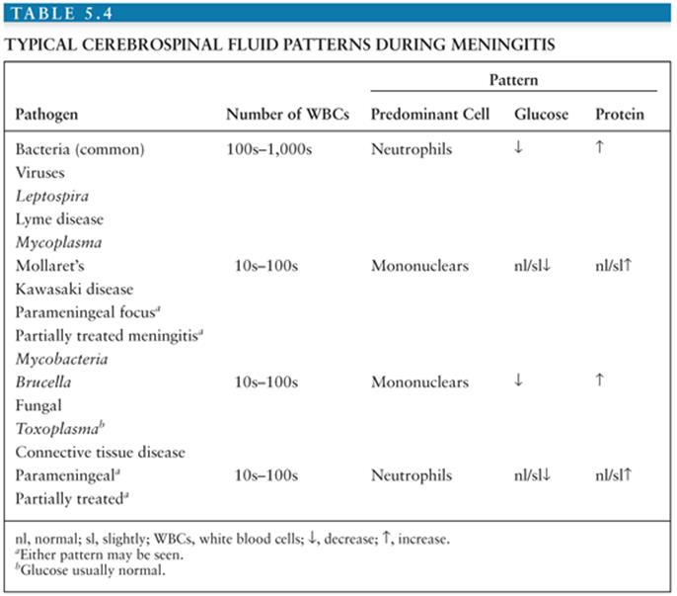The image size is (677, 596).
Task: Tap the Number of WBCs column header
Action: coord(286,115)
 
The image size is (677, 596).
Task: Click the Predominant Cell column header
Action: coord(430,115)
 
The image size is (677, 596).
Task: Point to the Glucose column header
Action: coord(541,115)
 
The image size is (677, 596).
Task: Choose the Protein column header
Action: coord(619,115)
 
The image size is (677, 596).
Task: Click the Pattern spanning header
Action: coord(513,79)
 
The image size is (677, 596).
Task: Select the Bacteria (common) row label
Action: coord(81,149)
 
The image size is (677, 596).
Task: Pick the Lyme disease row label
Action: coord(60,218)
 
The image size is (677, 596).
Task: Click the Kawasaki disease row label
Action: coord(75,289)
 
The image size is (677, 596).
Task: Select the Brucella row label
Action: coord(44,382)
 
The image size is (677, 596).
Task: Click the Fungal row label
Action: coord(38,405)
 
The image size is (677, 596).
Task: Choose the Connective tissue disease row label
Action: coord(101,452)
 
